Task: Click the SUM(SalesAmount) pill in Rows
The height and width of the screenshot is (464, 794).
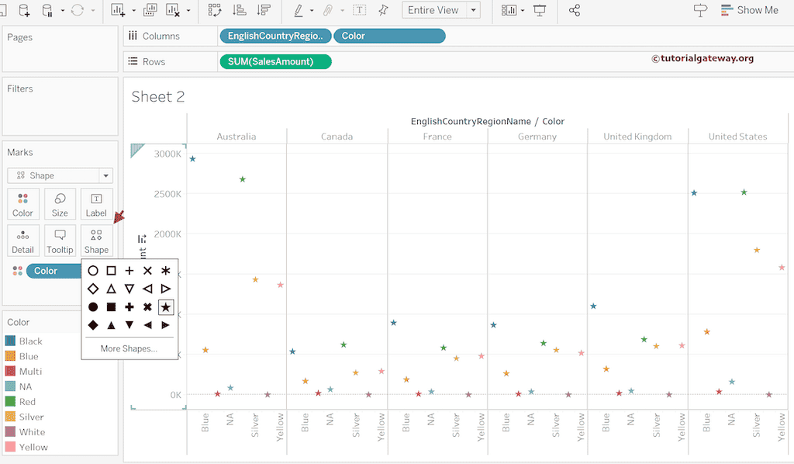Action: (275, 61)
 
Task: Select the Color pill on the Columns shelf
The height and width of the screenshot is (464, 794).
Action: (389, 36)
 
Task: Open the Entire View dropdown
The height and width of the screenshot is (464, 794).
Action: (441, 10)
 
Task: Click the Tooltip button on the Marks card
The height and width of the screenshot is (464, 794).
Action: (60, 241)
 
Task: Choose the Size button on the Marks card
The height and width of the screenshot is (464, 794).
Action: (60, 204)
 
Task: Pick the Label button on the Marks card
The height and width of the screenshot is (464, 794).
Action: (96, 204)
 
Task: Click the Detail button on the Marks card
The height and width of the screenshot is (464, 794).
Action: (22, 241)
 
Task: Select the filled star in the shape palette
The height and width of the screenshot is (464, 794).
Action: (165, 307)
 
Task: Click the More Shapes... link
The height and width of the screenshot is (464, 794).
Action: (129, 348)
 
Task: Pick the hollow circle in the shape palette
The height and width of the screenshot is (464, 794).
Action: (93, 271)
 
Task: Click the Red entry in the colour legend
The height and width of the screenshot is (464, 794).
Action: (27, 402)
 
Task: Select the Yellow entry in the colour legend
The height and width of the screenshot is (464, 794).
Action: (33, 447)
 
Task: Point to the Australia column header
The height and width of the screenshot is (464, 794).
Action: (236, 137)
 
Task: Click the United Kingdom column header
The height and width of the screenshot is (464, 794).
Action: (637, 137)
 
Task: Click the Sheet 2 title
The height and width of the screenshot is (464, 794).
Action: (157, 96)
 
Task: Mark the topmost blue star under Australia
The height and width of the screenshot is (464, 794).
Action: (192, 159)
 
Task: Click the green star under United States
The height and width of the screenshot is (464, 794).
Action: (744, 192)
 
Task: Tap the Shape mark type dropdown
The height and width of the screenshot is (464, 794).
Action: (60, 175)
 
